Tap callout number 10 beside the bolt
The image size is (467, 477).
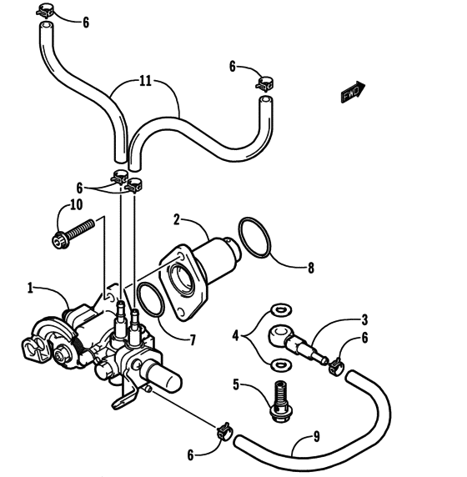pyautogui.click(x=76, y=204)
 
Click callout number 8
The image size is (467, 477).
pyautogui.click(x=311, y=269)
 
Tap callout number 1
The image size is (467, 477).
pyautogui.click(x=31, y=289)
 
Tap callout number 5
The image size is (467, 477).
pyautogui.click(x=237, y=385)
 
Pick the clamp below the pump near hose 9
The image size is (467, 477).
pyautogui.click(x=223, y=431)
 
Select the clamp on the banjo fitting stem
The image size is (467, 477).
pyautogui.click(x=335, y=364)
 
